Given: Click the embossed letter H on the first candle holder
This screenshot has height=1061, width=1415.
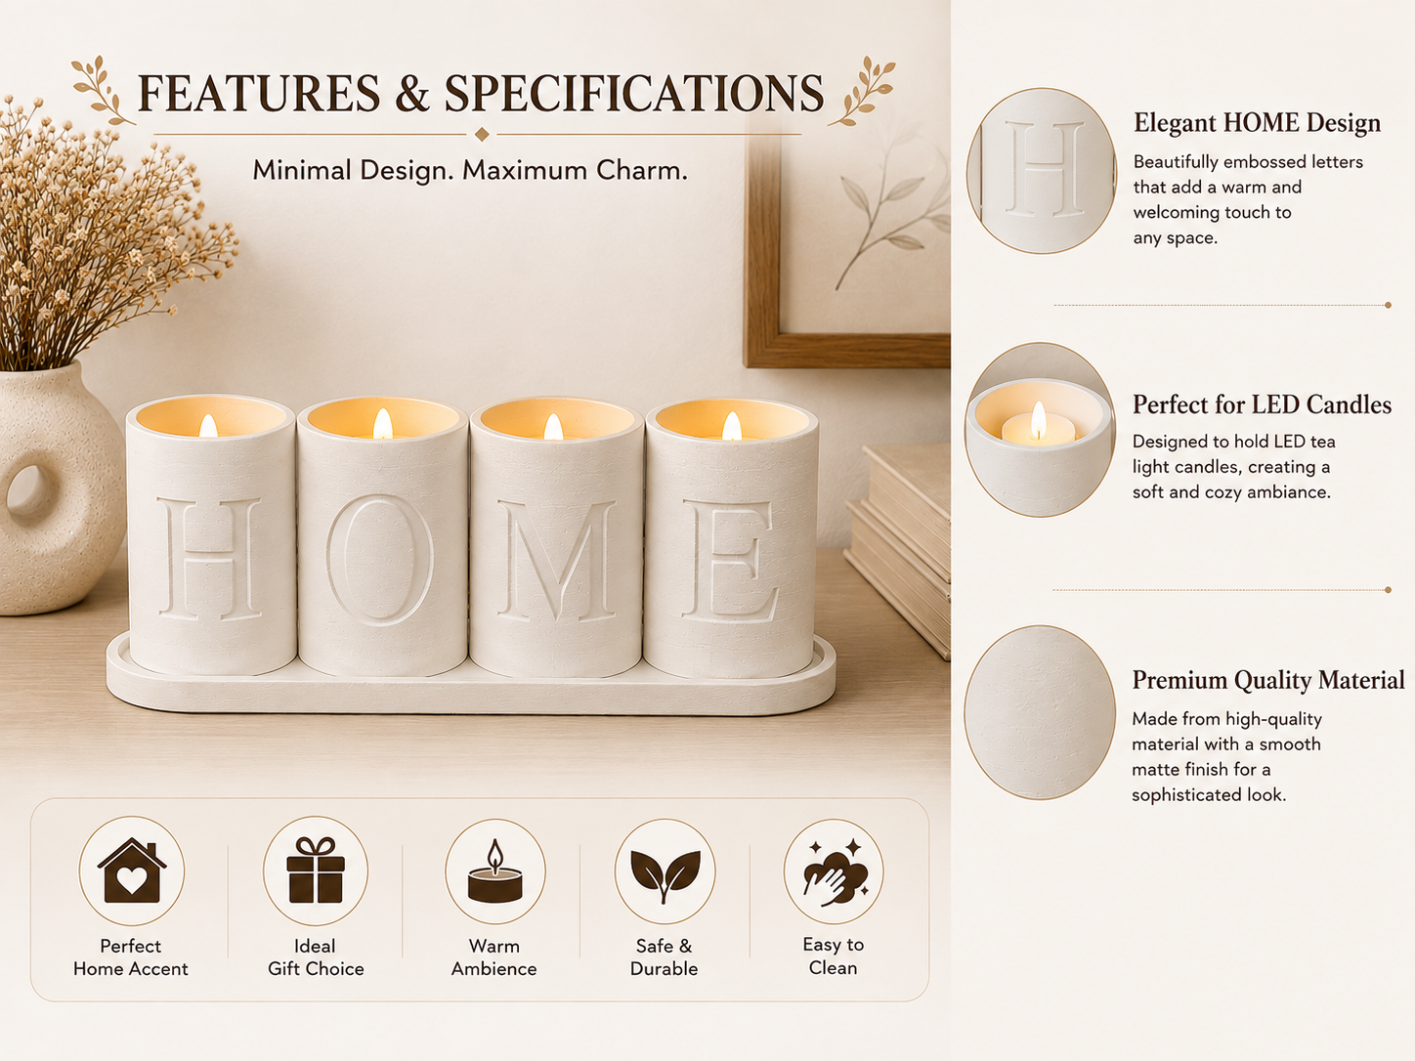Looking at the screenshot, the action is [211, 559].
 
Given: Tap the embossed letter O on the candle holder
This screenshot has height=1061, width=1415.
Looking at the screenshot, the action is [380, 560].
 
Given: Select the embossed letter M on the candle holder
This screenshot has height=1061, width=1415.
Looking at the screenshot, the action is [557, 561].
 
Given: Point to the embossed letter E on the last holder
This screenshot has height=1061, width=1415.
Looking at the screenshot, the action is [730, 561].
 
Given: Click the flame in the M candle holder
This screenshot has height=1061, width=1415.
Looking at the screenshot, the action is [553, 427].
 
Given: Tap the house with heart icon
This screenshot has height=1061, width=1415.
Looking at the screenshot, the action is [132, 870].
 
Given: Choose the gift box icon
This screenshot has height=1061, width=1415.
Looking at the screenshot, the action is [316, 870].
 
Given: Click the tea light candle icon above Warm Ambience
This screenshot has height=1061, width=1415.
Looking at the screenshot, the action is [494, 870].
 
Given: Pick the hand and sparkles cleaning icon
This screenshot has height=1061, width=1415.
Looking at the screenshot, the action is [836, 872].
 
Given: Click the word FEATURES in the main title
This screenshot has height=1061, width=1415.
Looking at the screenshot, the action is [259, 94].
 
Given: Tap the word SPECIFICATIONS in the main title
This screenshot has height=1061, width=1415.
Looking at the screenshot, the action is [634, 94].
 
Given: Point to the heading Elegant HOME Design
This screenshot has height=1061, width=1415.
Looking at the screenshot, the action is [1257, 123].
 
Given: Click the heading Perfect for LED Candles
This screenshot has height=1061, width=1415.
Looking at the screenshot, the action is [1262, 404].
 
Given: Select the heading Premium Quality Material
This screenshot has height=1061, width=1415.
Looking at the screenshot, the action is [1268, 680].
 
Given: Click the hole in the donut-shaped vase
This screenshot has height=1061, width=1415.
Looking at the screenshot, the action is [28, 492].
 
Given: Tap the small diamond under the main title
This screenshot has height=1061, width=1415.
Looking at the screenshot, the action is [482, 134].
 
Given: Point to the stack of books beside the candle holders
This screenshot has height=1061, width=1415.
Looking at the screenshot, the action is [899, 547].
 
